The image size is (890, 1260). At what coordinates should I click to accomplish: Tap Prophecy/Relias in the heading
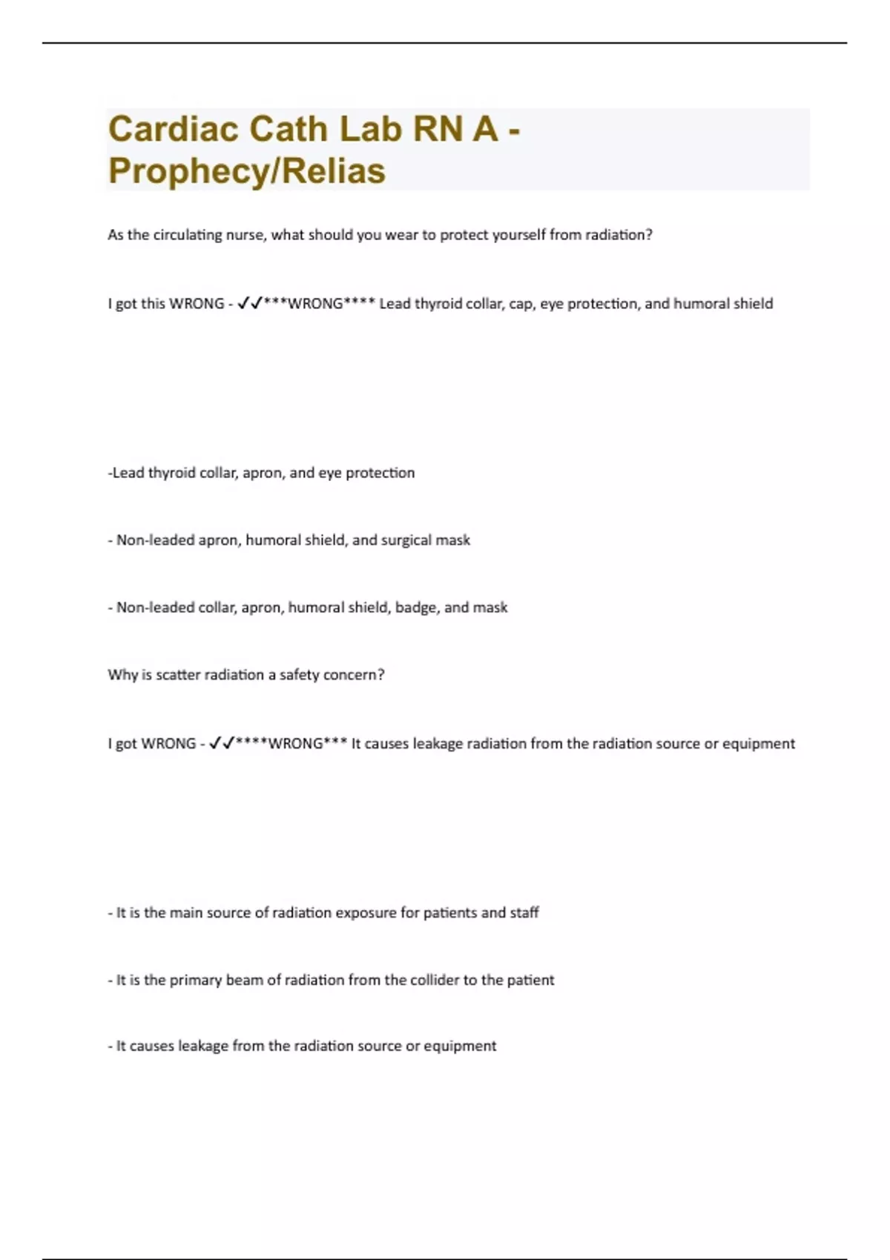246,170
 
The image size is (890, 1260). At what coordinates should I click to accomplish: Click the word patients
450,913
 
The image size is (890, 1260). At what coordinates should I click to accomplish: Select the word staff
524,913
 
